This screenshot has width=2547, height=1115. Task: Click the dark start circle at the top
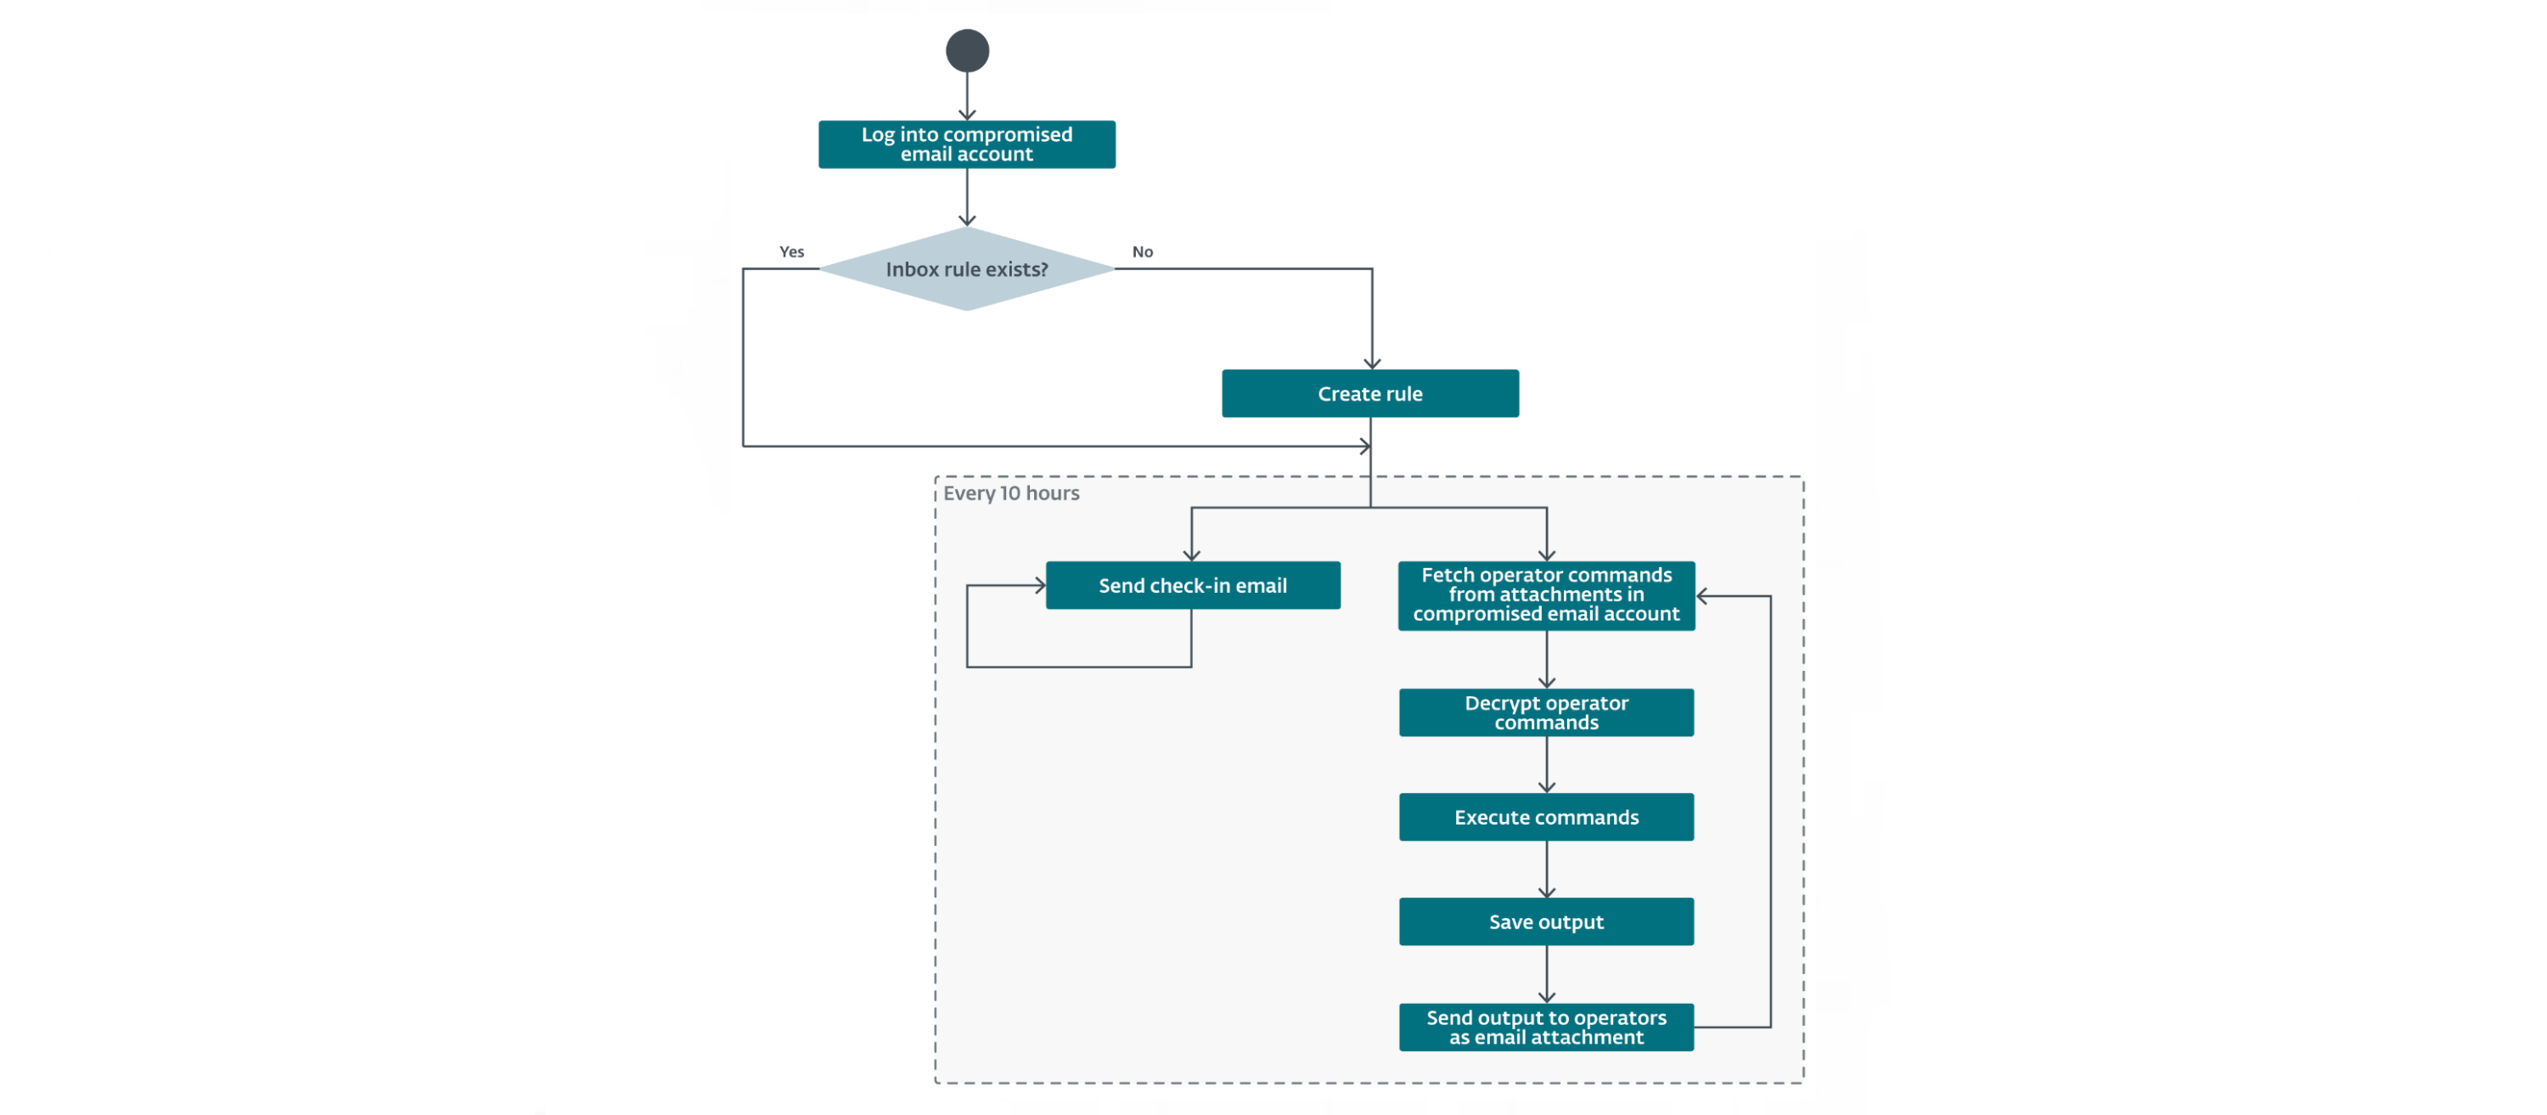pos(967,50)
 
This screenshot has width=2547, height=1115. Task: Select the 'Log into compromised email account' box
pos(966,144)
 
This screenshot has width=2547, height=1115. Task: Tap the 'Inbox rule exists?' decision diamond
pos(966,269)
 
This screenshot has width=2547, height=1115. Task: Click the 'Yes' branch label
pos(791,252)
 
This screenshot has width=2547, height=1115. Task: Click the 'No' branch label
pos(1142,252)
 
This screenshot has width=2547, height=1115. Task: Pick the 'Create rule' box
pos(1369,394)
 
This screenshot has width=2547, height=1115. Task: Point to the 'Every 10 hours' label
pos(1010,493)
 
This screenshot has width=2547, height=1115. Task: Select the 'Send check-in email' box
pos(1193,586)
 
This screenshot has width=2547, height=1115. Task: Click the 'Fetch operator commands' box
pos(1545,595)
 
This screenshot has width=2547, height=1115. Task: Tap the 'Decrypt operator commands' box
pos(1545,713)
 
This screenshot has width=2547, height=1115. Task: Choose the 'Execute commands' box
pos(1545,817)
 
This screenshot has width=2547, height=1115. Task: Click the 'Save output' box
pos(1545,922)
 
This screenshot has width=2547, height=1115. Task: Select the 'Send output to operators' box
pos(1545,1027)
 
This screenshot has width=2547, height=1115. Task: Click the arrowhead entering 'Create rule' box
pos(1371,364)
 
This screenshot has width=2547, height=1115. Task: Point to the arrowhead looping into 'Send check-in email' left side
pos(1040,586)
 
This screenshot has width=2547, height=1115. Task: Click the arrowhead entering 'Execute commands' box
pos(1546,787)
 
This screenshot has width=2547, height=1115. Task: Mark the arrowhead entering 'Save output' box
pos(1546,893)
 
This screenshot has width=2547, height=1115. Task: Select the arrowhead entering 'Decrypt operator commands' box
pos(1546,683)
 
